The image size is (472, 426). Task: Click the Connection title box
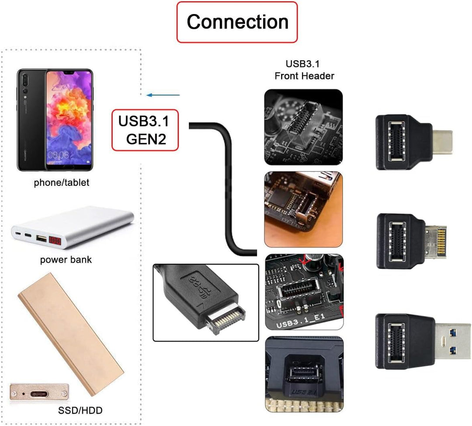[237, 22]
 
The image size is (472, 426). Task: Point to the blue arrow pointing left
[163, 94]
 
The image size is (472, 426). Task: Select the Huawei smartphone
[55, 119]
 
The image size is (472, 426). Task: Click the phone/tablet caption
[61, 183]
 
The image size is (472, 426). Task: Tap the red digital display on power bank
[55, 241]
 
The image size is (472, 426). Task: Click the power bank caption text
[66, 260]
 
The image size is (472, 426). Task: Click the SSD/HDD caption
[80, 410]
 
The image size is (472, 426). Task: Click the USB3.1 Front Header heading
[304, 70]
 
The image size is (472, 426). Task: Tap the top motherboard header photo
[304, 127]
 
